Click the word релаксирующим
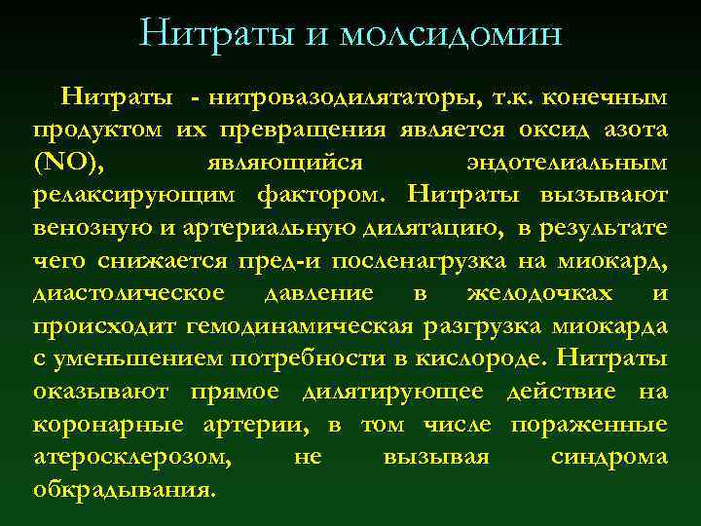[x=134, y=195]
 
